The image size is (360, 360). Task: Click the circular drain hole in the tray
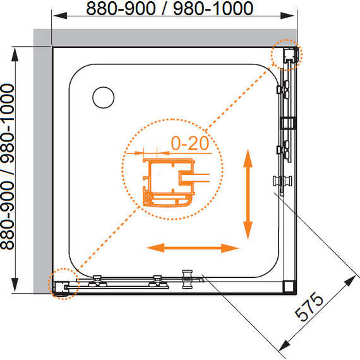[104, 97]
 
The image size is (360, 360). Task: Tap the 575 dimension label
[309, 306]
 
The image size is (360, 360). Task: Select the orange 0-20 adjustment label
[190, 143]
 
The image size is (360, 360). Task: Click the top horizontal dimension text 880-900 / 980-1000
[170, 8]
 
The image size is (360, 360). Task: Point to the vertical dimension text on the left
[8, 167]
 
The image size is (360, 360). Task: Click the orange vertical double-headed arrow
[248, 195]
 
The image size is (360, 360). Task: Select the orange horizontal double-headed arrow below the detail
[193, 248]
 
